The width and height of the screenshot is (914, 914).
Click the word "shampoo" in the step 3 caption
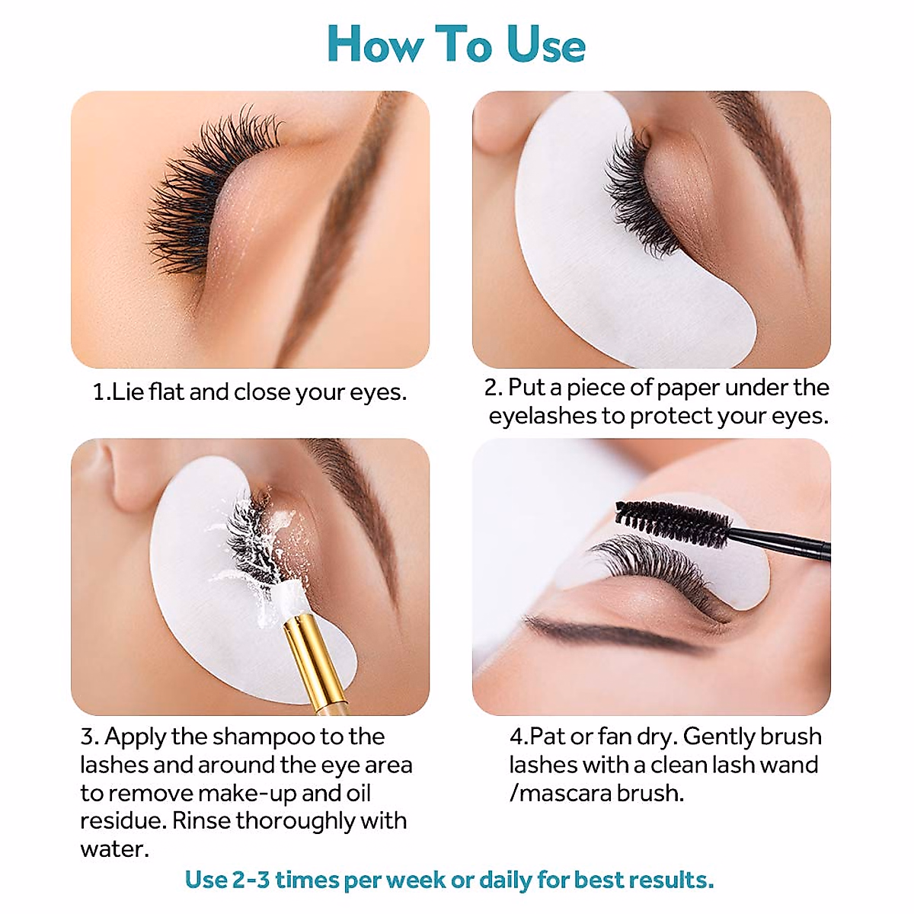(264, 737)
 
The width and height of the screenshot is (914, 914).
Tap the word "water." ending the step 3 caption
(114, 849)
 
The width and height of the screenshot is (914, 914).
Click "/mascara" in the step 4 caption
(560, 793)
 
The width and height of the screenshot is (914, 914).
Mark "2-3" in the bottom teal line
(251, 880)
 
